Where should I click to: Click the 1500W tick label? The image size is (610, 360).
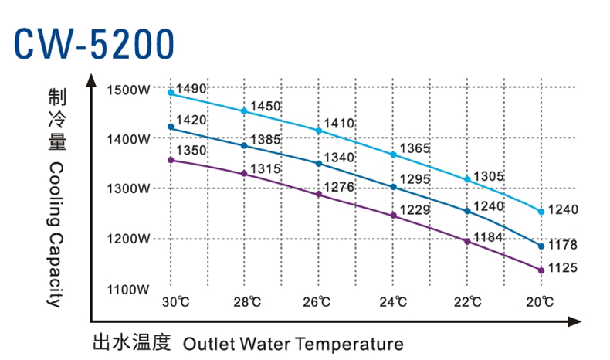128,90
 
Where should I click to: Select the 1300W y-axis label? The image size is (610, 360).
128,189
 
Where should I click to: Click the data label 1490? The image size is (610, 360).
191,89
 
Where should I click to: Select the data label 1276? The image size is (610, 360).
340,186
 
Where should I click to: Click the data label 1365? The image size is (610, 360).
414,148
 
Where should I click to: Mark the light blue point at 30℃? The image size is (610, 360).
171,93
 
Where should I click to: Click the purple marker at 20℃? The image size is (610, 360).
541,270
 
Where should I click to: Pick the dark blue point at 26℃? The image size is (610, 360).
319,164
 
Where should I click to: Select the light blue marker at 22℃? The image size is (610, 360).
467,179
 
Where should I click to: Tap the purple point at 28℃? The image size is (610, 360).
245,174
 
